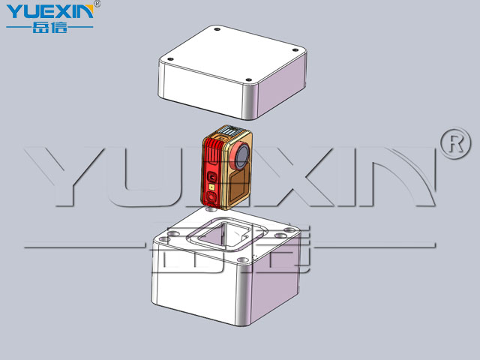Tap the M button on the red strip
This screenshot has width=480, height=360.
click(211, 176)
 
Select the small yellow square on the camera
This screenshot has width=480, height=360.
click(211, 187)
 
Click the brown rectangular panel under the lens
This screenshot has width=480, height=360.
click(238, 186)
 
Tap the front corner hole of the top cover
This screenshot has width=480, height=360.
click(249, 80)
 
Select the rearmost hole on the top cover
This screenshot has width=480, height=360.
click(217, 29)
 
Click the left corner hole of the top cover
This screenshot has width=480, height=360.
click(171, 59)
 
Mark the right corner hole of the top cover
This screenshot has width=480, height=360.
click(295, 50)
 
